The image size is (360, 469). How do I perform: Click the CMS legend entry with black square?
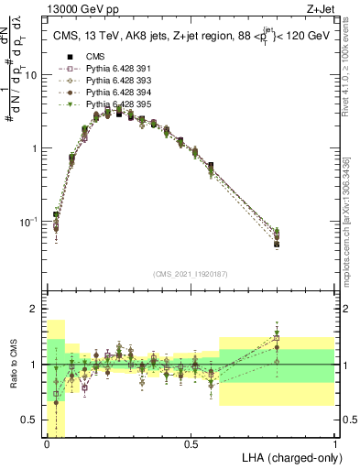[88, 57]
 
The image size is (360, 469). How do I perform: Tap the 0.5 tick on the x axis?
[191, 443]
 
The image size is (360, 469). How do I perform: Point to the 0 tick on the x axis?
[47, 443]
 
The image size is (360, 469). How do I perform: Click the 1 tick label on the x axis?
[334, 443]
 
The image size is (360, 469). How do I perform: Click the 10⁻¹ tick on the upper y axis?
[31, 222]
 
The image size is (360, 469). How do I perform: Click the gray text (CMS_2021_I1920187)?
[191, 273]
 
